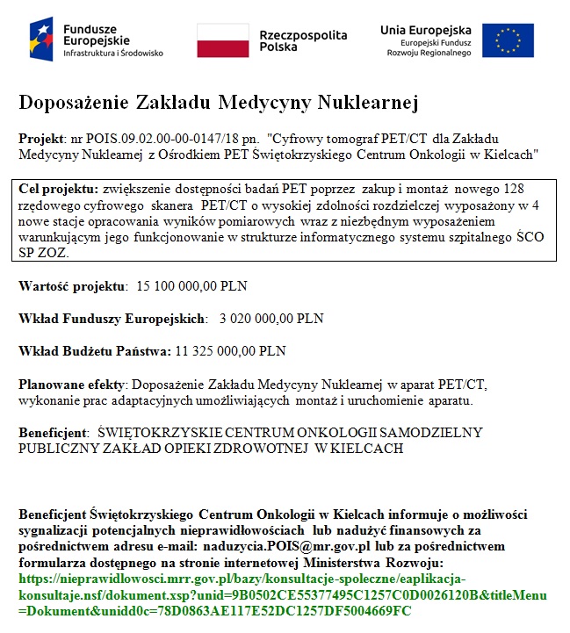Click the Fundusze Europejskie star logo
(41, 39)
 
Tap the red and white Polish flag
(222, 40)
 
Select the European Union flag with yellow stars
(508, 40)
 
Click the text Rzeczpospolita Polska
(303, 40)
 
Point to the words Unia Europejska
(425, 30)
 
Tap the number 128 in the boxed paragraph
(514, 188)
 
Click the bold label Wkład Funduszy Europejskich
(112, 319)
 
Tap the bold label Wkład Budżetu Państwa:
(95, 351)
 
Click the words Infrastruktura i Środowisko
(113, 53)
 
